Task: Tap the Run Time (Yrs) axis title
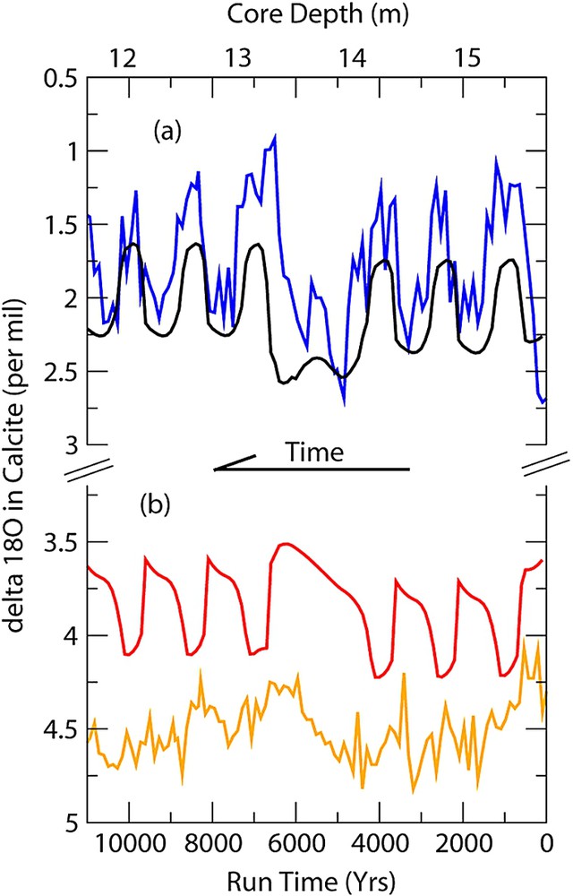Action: (x=318, y=879)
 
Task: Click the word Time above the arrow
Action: (x=315, y=452)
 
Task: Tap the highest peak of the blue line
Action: (x=275, y=135)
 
